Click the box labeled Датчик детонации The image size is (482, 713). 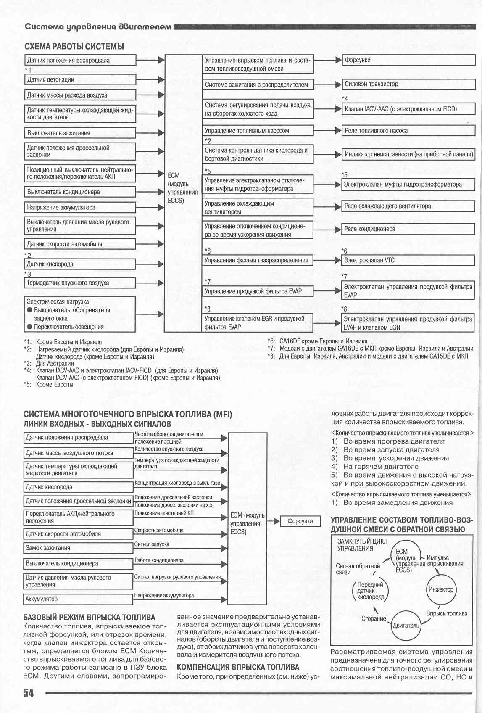80,79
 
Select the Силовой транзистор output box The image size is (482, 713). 408,84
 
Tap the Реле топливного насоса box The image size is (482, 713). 408,131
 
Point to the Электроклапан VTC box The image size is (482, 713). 408,260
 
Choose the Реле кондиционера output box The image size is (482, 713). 408,229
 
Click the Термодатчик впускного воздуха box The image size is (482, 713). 80,283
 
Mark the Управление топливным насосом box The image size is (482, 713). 258,131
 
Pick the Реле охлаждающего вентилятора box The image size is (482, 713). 408,206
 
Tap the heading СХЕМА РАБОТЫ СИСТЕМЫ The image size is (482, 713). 74,46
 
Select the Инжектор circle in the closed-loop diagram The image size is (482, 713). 441,589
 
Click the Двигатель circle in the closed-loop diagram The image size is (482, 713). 406,625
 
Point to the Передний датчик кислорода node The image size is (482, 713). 370,591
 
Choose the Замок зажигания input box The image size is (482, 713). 78,548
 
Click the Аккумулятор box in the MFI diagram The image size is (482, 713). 78,599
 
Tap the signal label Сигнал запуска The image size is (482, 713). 152,544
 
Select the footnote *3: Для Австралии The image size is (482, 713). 50,364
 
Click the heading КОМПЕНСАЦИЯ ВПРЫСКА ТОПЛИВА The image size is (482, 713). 238,667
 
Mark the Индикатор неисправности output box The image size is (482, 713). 408,154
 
